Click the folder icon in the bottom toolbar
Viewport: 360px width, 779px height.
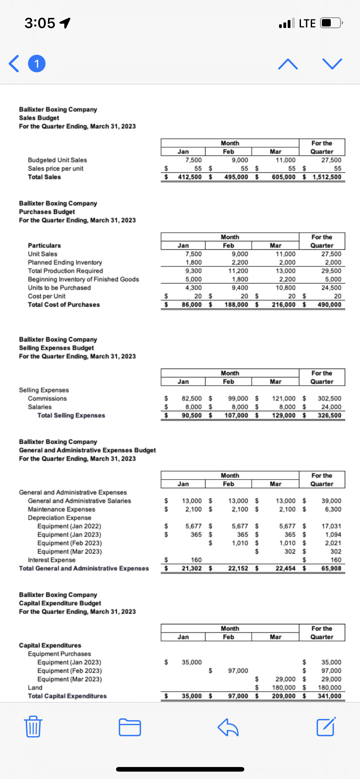[x=130, y=727]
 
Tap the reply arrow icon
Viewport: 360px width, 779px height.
[x=228, y=727]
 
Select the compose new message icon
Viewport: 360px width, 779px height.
[x=326, y=727]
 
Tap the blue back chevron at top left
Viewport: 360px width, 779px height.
[x=14, y=64]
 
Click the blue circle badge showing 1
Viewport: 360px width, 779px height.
[x=37, y=64]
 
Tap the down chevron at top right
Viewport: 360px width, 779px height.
[x=332, y=64]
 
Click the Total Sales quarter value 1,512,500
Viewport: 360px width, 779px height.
[x=327, y=177]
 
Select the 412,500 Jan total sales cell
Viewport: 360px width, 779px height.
[x=190, y=177]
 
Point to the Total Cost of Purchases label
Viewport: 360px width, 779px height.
[x=64, y=305]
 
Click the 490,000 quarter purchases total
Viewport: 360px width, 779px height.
[x=329, y=305]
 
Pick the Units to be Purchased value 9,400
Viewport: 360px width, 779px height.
[x=240, y=288]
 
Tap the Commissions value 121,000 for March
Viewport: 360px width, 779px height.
[x=283, y=398]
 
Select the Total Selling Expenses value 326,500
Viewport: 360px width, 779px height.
[x=329, y=415]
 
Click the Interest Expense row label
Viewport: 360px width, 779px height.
[x=52, y=560]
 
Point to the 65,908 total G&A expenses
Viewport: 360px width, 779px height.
[x=331, y=568]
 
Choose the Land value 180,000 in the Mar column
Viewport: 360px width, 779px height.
[x=283, y=687]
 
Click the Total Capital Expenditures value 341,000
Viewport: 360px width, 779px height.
[x=329, y=696]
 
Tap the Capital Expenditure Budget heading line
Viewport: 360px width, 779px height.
[x=60, y=603]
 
